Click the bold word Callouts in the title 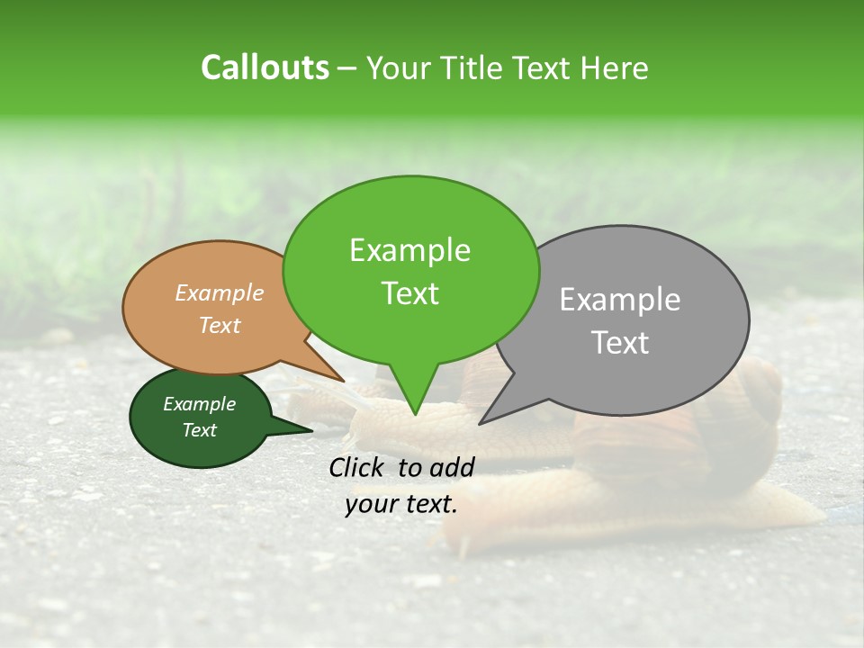(x=265, y=67)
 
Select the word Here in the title (x=617, y=67)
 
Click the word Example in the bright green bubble (x=410, y=250)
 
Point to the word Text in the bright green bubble (x=410, y=293)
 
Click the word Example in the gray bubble (x=620, y=300)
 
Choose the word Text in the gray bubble (x=620, y=343)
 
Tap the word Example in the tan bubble (x=220, y=292)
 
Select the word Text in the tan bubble (x=220, y=325)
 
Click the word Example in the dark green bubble (x=199, y=404)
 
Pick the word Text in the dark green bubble (x=199, y=430)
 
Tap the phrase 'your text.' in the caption (x=401, y=504)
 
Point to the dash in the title (x=347, y=67)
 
